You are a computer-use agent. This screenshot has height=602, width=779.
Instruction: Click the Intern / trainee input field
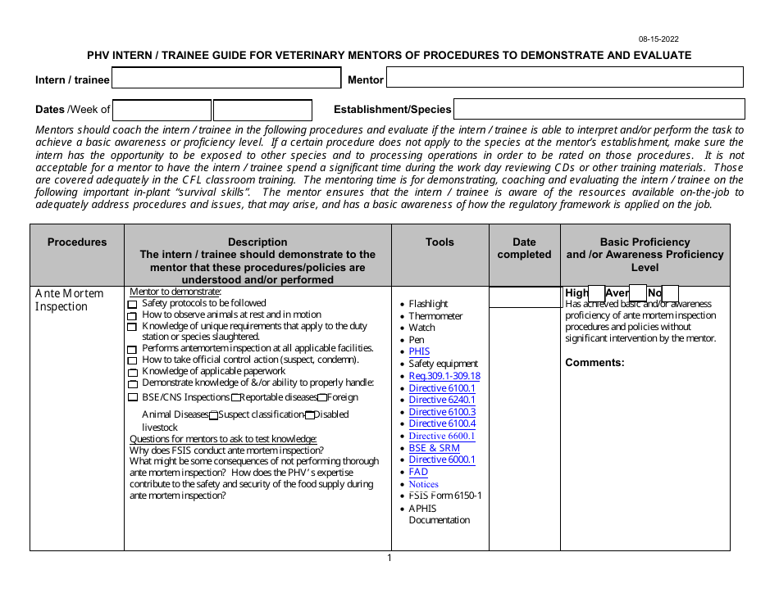tap(225, 78)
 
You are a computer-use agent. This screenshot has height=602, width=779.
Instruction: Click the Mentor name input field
tap(564, 77)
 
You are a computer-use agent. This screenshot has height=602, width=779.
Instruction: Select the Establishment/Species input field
tap(599, 109)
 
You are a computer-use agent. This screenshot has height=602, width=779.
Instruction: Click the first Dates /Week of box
tap(162, 110)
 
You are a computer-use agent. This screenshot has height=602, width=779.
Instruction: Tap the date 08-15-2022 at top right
tap(658, 39)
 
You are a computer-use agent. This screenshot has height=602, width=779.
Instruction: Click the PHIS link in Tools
tap(419, 351)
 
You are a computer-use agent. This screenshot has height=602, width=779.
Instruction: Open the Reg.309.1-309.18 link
tap(444, 376)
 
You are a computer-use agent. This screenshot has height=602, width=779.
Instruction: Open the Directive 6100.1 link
tap(442, 388)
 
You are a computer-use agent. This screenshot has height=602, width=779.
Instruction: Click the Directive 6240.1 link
tap(442, 400)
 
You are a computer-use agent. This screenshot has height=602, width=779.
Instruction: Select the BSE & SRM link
tap(434, 448)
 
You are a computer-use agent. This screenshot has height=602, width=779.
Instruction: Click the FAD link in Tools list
tap(418, 472)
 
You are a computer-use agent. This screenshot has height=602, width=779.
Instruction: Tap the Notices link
tap(424, 484)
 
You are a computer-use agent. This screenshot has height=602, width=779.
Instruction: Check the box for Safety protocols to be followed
tap(132, 305)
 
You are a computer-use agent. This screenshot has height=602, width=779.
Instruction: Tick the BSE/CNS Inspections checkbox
tap(133, 398)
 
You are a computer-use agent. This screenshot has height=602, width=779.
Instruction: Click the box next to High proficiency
tap(597, 293)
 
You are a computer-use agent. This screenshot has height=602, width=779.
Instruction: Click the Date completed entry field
tap(524, 297)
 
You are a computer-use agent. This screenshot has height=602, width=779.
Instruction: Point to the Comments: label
tap(594, 363)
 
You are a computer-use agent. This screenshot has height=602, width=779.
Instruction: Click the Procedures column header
tap(77, 242)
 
